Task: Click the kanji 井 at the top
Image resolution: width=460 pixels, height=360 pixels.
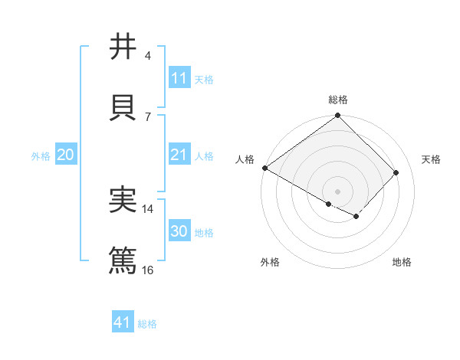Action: pos(123,47)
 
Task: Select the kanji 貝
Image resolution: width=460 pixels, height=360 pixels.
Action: pos(123,107)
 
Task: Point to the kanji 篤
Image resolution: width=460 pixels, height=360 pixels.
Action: pos(123,260)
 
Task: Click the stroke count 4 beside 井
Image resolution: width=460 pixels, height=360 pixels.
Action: pos(148,56)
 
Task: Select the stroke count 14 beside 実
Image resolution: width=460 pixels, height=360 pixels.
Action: pos(148,208)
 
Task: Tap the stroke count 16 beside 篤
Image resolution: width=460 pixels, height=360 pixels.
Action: pos(148,270)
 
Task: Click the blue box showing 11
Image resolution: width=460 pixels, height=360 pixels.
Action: pos(179,78)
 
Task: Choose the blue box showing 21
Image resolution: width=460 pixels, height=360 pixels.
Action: pos(179,155)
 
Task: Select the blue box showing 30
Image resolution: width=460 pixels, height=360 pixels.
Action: pos(179,231)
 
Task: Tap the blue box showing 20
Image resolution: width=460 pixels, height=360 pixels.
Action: pos(65,155)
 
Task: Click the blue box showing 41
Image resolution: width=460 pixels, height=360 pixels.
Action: pos(123,322)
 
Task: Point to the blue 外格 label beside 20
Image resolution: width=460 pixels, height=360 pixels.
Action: pos(41,156)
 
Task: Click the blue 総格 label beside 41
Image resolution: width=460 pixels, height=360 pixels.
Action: pos(147,324)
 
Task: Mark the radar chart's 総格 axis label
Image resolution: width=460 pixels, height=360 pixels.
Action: pos(338,100)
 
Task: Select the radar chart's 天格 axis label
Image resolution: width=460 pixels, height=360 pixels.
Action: pos(432,159)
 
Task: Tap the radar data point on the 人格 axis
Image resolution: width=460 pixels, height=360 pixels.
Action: pos(264,168)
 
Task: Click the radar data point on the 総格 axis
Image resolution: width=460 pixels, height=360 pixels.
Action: pos(338,116)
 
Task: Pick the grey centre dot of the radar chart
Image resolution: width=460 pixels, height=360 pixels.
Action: pos(338,191)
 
